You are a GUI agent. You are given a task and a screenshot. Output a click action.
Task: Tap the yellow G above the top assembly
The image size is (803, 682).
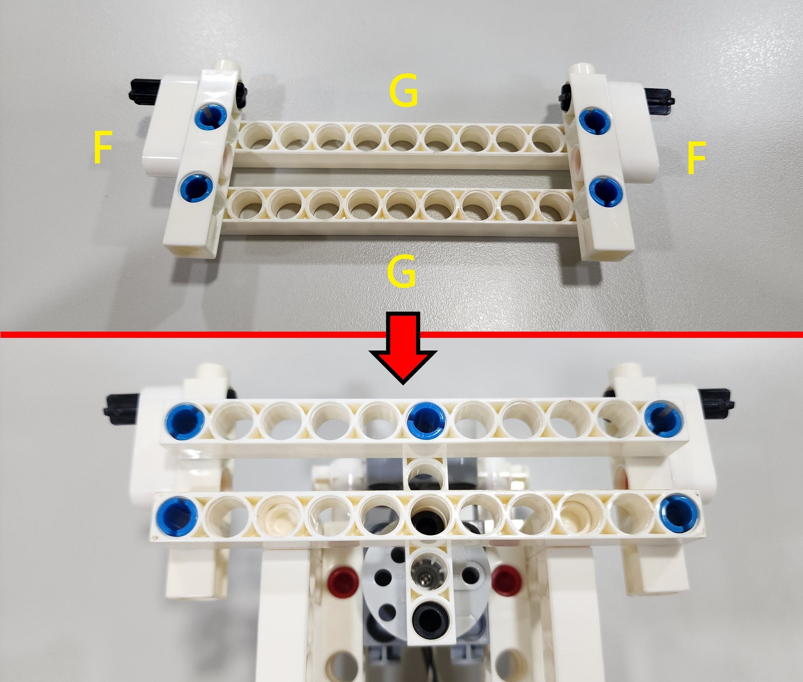coord(404,92)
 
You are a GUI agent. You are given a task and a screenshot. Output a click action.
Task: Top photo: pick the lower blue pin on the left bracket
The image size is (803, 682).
coord(196,187)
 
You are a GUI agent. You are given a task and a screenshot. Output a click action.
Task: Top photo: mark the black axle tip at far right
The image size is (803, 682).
coord(781,101)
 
